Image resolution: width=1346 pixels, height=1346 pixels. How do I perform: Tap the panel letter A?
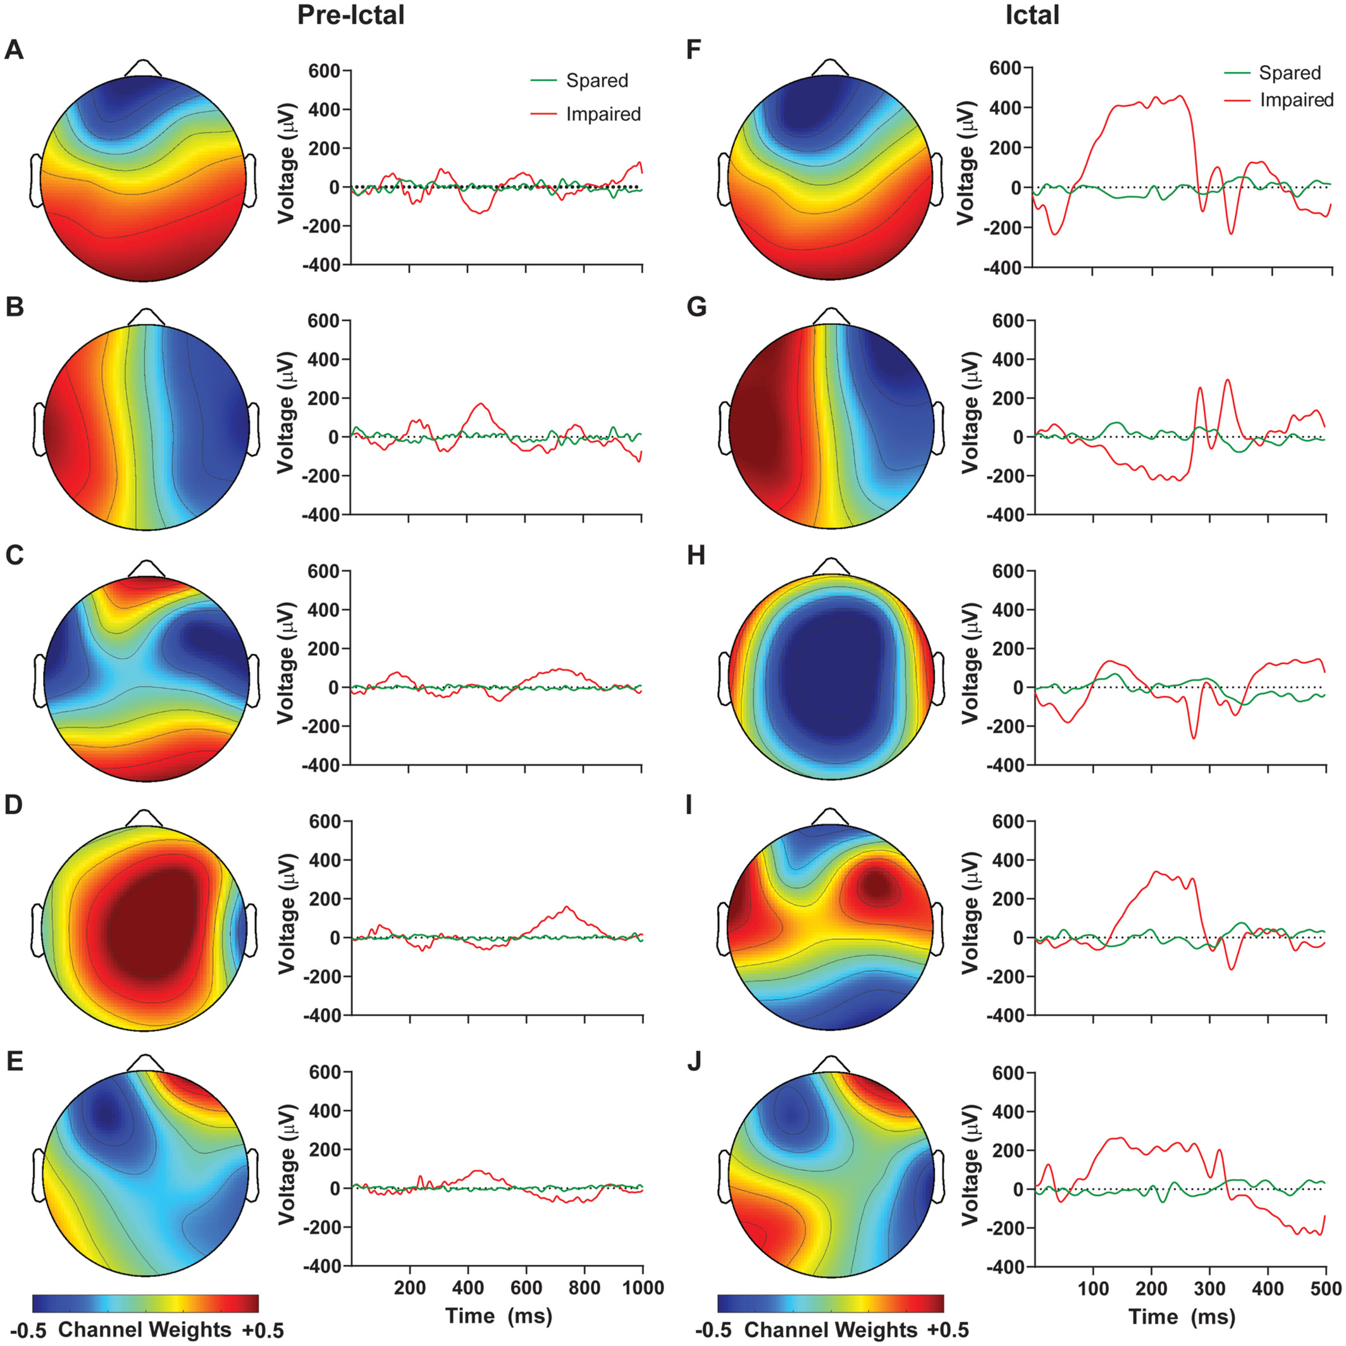tap(14, 50)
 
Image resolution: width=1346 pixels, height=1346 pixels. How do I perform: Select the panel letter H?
tap(696, 556)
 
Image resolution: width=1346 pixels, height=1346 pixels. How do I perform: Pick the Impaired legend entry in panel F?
tap(1279, 100)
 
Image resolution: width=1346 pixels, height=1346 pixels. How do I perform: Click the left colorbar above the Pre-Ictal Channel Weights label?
tap(145, 1303)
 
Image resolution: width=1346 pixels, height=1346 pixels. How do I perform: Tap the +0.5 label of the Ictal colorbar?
tap(948, 1330)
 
